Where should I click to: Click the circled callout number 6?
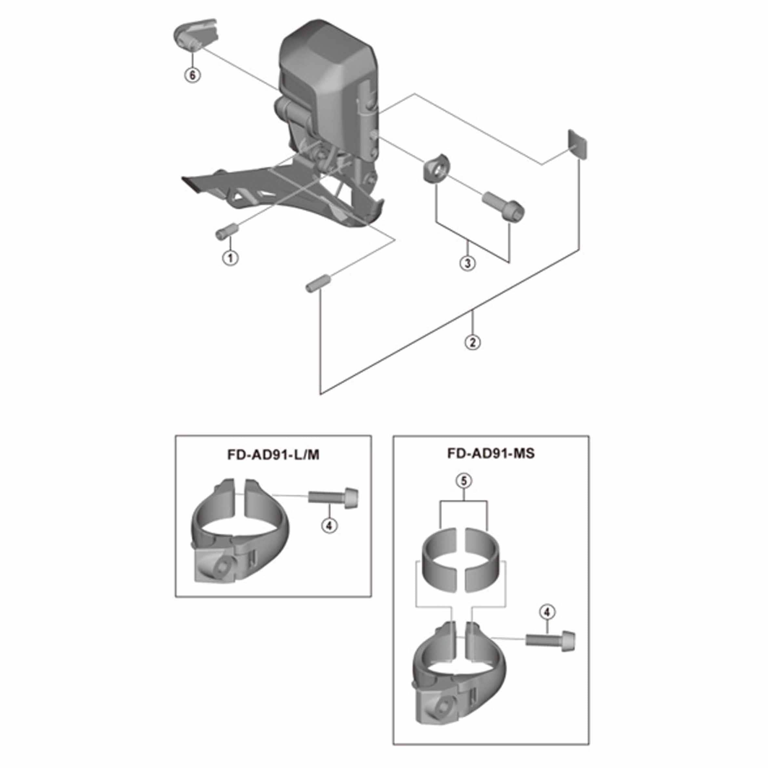[192, 75]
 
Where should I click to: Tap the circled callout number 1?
[230, 258]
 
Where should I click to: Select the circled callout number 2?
[472, 342]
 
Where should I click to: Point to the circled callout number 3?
[468, 263]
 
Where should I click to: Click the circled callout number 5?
[464, 481]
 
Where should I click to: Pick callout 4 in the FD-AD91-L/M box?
[329, 526]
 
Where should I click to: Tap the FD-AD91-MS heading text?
[491, 454]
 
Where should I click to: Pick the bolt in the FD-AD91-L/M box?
[333, 496]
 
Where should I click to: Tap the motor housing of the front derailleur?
[328, 75]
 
